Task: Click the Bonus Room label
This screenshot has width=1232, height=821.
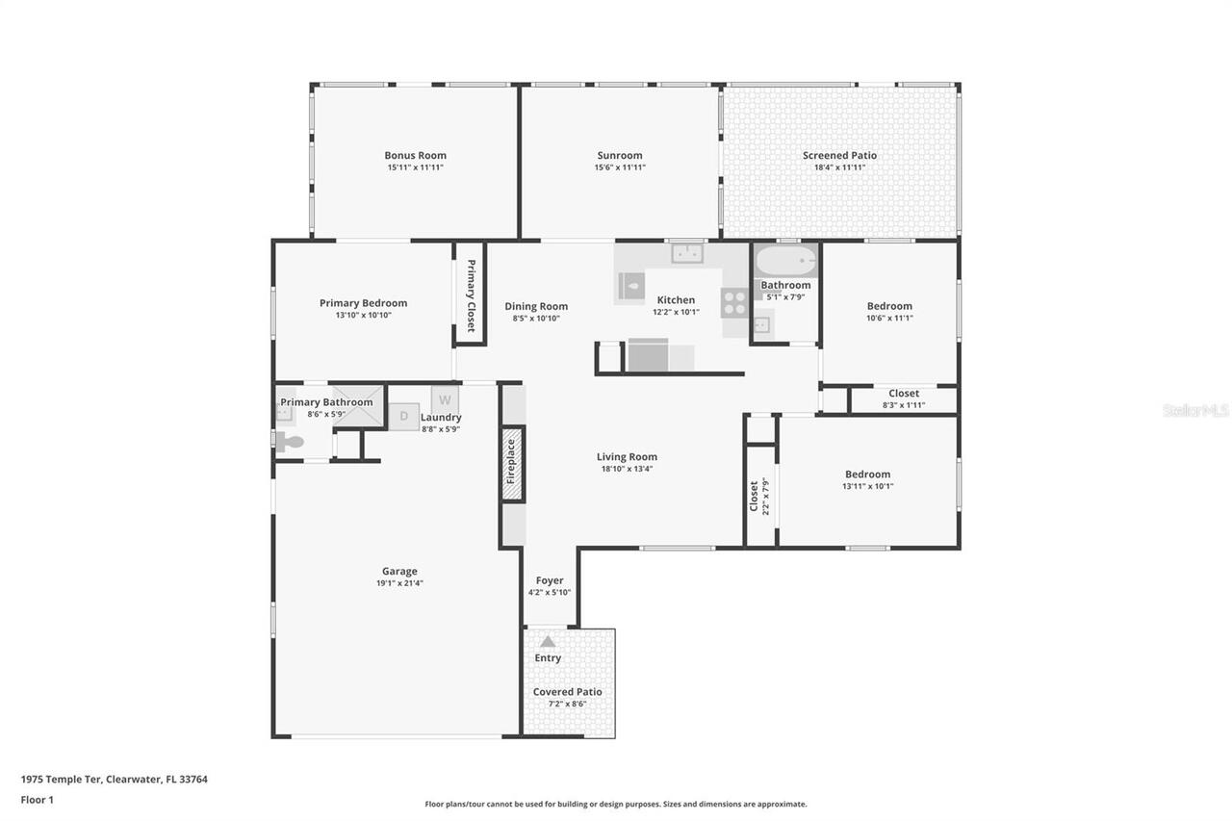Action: [415, 155]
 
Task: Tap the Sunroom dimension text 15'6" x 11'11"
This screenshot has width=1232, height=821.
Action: [619, 167]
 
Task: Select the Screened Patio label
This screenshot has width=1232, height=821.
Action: [839, 155]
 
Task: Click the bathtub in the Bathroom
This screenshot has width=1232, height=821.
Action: [785, 261]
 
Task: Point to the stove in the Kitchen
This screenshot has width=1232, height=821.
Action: [734, 302]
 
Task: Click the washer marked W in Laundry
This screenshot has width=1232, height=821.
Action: [445, 398]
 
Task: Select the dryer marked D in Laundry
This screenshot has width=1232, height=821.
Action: [404, 416]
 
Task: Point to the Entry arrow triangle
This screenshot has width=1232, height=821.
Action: [547, 641]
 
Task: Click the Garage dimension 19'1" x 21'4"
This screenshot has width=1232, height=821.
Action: [399, 583]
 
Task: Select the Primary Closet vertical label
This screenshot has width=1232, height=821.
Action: [471, 296]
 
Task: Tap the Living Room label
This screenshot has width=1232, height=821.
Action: [627, 457]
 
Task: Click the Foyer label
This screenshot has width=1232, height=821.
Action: [550, 580]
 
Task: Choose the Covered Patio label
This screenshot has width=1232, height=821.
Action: [568, 691]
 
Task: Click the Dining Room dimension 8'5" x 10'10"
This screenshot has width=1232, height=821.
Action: [536, 319]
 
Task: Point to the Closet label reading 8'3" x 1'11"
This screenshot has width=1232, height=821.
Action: [904, 405]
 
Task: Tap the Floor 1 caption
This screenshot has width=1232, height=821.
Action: [38, 800]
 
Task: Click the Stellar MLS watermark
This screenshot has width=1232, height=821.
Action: [1195, 410]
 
